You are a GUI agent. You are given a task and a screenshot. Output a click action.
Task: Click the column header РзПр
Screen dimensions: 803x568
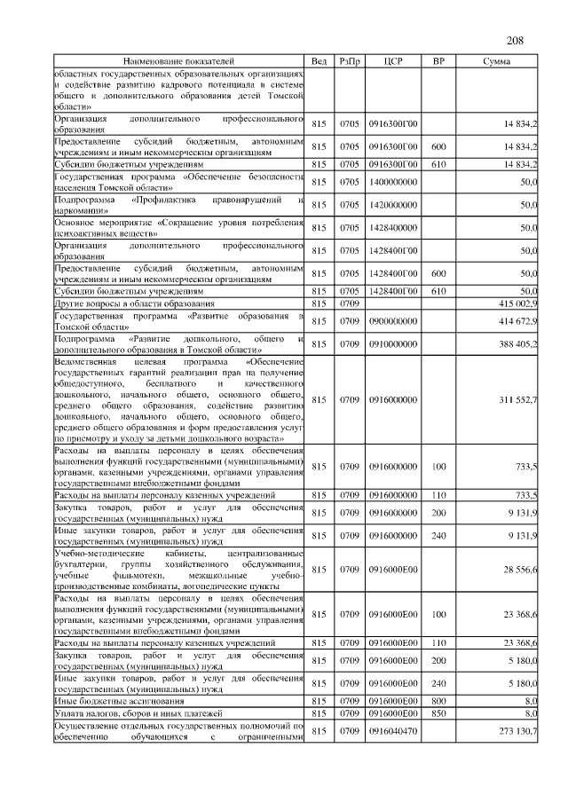349,61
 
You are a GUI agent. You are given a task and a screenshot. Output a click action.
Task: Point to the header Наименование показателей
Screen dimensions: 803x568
178,61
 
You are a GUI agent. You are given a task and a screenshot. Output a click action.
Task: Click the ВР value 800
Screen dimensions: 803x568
438,700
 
